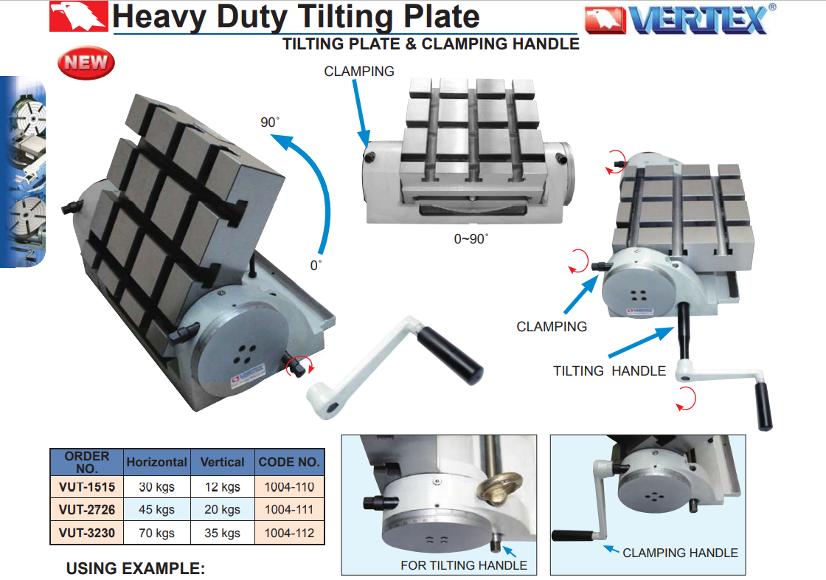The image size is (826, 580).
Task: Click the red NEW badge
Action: [x=86, y=63]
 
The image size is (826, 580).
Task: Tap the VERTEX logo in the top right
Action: [x=680, y=19]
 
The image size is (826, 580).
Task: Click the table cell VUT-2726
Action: [x=87, y=510]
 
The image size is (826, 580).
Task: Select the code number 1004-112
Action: [x=289, y=533]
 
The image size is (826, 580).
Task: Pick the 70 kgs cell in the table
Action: [x=157, y=533]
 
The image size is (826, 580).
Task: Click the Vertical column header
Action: [x=222, y=462]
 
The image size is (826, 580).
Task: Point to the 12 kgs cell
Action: [x=222, y=487]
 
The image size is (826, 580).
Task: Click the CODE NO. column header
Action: [x=289, y=462]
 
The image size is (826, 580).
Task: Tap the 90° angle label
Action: [x=270, y=122]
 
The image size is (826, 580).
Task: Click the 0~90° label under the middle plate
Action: [x=471, y=239]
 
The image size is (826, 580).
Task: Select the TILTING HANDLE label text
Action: [x=609, y=370]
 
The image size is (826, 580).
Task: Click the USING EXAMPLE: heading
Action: [x=136, y=568]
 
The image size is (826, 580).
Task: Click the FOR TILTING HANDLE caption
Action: [x=464, y=565]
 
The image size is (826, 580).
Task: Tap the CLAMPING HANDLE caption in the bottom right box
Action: [x=680, y=553]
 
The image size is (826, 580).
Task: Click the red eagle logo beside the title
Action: [x=78, y=16]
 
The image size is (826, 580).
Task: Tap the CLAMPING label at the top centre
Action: [x=358, y=71]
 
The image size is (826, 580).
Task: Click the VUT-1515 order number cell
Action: [x=87, y=487]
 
